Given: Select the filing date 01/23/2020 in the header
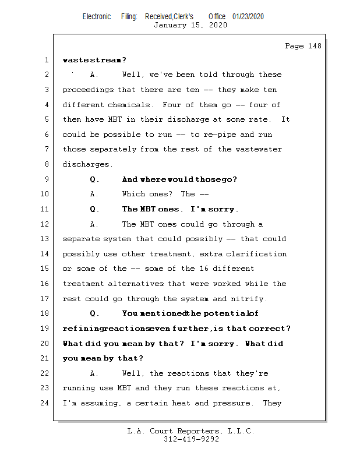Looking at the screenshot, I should click(248, 17).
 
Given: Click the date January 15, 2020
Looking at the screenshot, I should click(190, 25).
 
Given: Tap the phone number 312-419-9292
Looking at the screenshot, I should click(191, 439).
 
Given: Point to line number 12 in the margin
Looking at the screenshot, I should click(46, 224).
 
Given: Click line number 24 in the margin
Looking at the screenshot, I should click(46, 403).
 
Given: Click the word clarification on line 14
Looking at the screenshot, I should click(256, 254).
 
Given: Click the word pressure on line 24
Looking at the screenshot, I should click(232, 403).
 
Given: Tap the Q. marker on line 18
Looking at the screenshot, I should click(95, 314).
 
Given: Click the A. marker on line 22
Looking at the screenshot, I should click(95, 373).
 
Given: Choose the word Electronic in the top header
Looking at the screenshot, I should click(97, 17).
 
